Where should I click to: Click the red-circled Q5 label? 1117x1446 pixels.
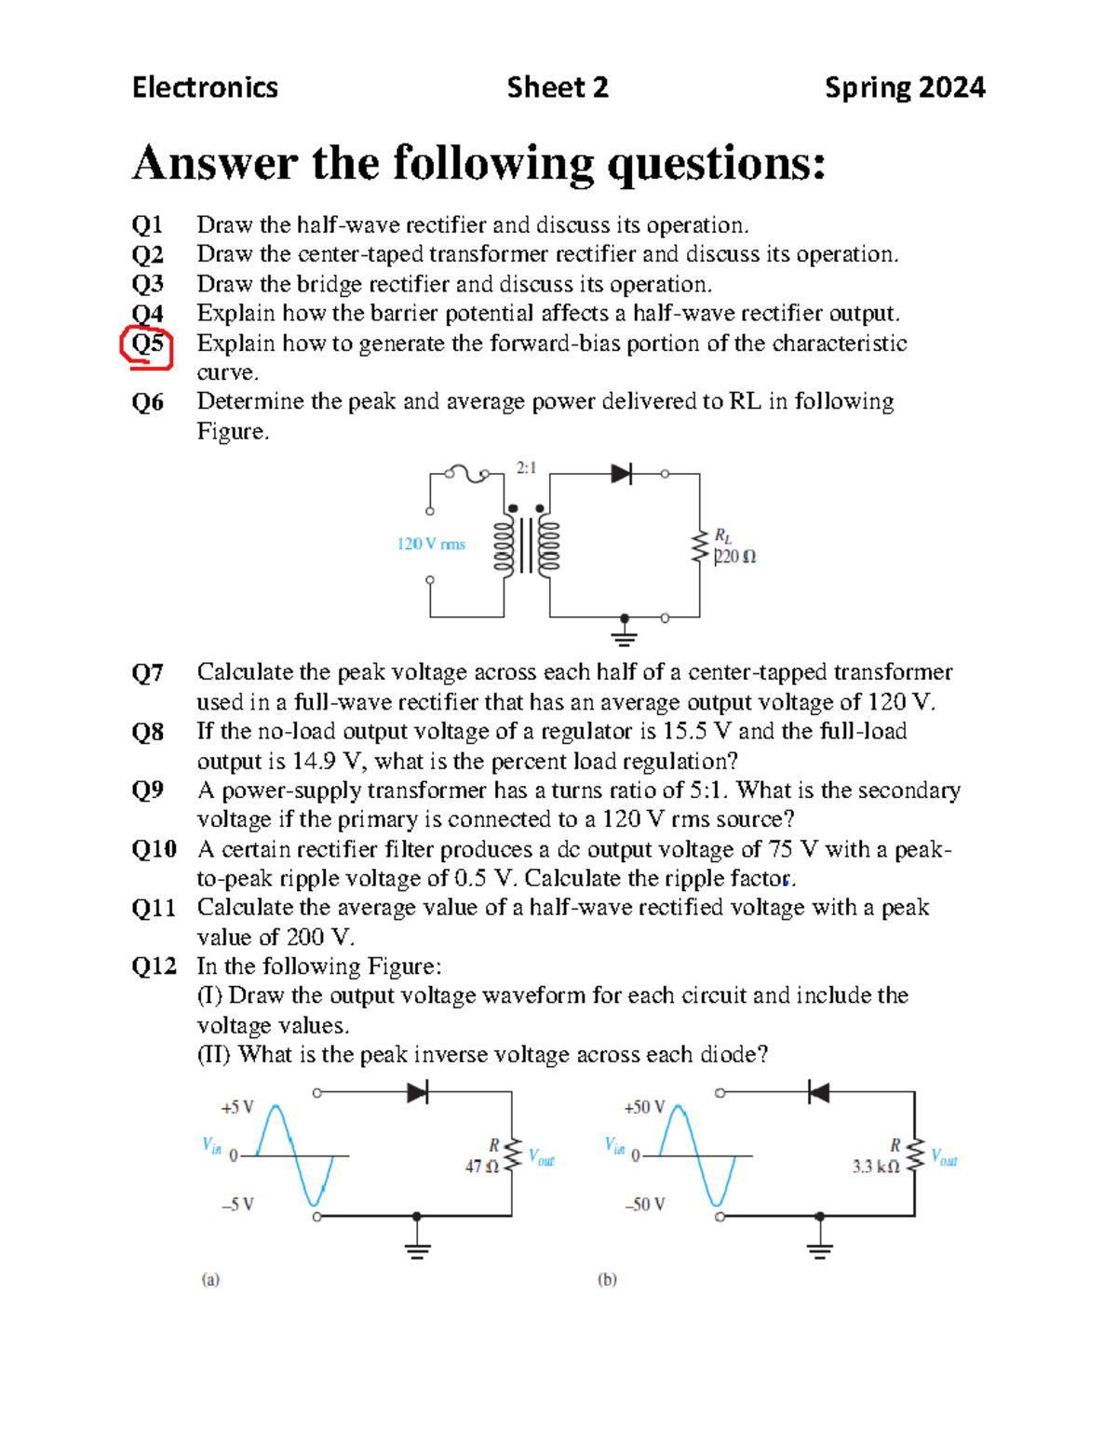pos(147,345)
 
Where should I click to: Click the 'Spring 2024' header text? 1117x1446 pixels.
pos(904,88)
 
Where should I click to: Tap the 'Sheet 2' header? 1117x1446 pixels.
pos(557,88)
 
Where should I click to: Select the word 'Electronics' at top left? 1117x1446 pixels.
pos(205,88)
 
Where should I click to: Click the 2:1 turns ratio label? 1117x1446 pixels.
pos(527,467)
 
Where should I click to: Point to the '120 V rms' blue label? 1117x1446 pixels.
pos(431,544)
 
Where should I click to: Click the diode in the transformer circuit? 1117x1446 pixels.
pos(622,474)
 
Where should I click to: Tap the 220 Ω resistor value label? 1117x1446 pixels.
pos(735,557)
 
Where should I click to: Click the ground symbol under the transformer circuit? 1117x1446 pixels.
pos(625,637)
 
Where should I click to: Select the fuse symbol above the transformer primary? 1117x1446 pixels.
pos(466,474)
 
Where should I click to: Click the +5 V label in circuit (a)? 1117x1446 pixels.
pos(236,1107)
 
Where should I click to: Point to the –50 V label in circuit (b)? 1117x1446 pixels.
pos(644,1205)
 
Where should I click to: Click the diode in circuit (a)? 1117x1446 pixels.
pos(418,1092)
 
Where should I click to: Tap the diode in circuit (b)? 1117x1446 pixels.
pos(818,1092)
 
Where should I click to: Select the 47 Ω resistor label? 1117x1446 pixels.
pos(481,1166)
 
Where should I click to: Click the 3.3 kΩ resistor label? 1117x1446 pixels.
pos(875,1167)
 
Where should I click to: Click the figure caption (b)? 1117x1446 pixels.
pos(607,1279)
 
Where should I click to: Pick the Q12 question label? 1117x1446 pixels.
pos(154,966)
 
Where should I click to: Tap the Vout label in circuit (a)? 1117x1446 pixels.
pos(541,1157)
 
